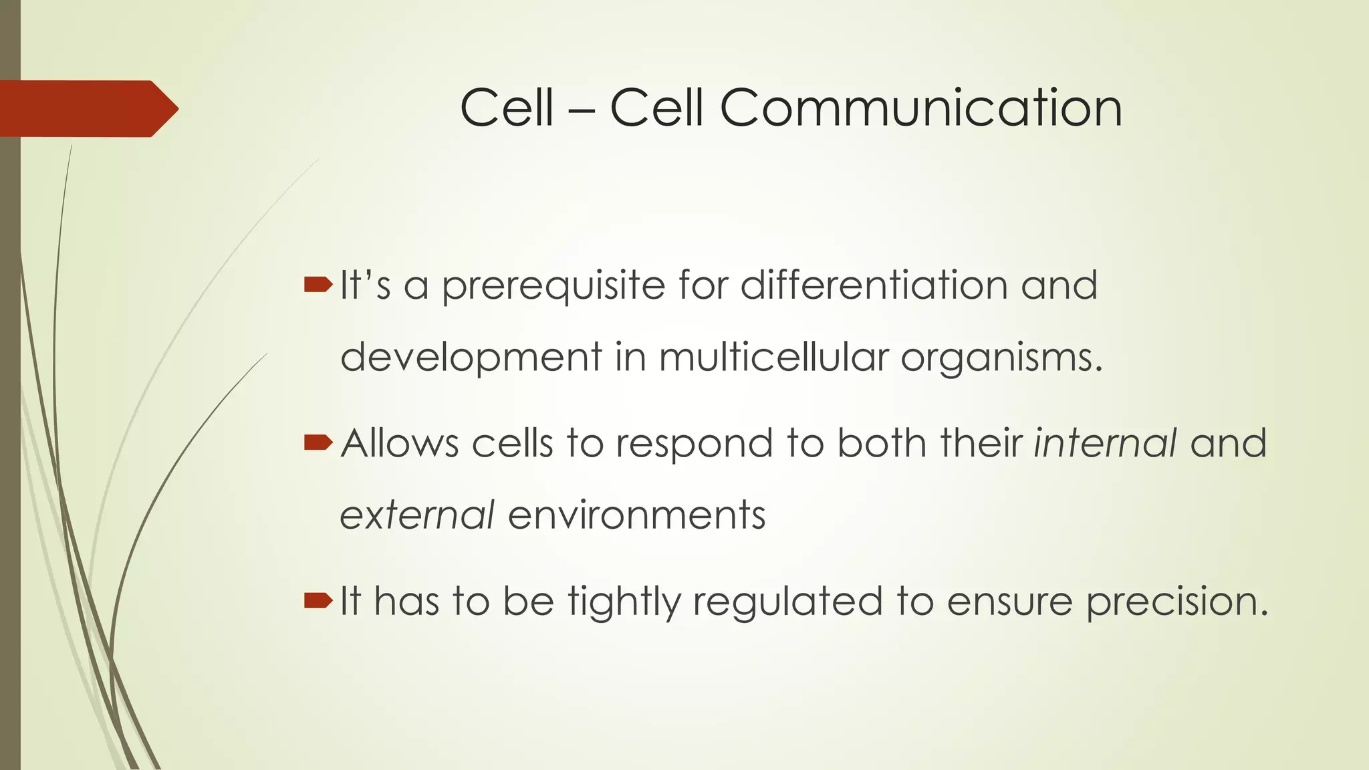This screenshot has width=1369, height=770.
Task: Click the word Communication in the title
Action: click(920, 108)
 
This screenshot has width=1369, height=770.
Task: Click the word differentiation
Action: click(874, 285)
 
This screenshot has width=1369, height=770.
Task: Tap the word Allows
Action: click(400, 443)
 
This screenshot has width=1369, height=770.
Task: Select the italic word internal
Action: click(1105, 443)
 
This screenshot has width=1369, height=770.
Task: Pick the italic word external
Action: click(417, 515)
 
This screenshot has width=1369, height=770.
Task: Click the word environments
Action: click(636, 515)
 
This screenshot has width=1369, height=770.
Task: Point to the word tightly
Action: click(624, 602)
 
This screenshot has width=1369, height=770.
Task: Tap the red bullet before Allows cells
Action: click(318, 442)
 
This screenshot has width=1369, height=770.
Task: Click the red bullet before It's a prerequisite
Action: click(318, 286)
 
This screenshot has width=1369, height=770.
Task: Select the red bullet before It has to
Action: click(318, 601)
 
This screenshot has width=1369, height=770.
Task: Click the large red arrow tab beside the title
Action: click(87, 109)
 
